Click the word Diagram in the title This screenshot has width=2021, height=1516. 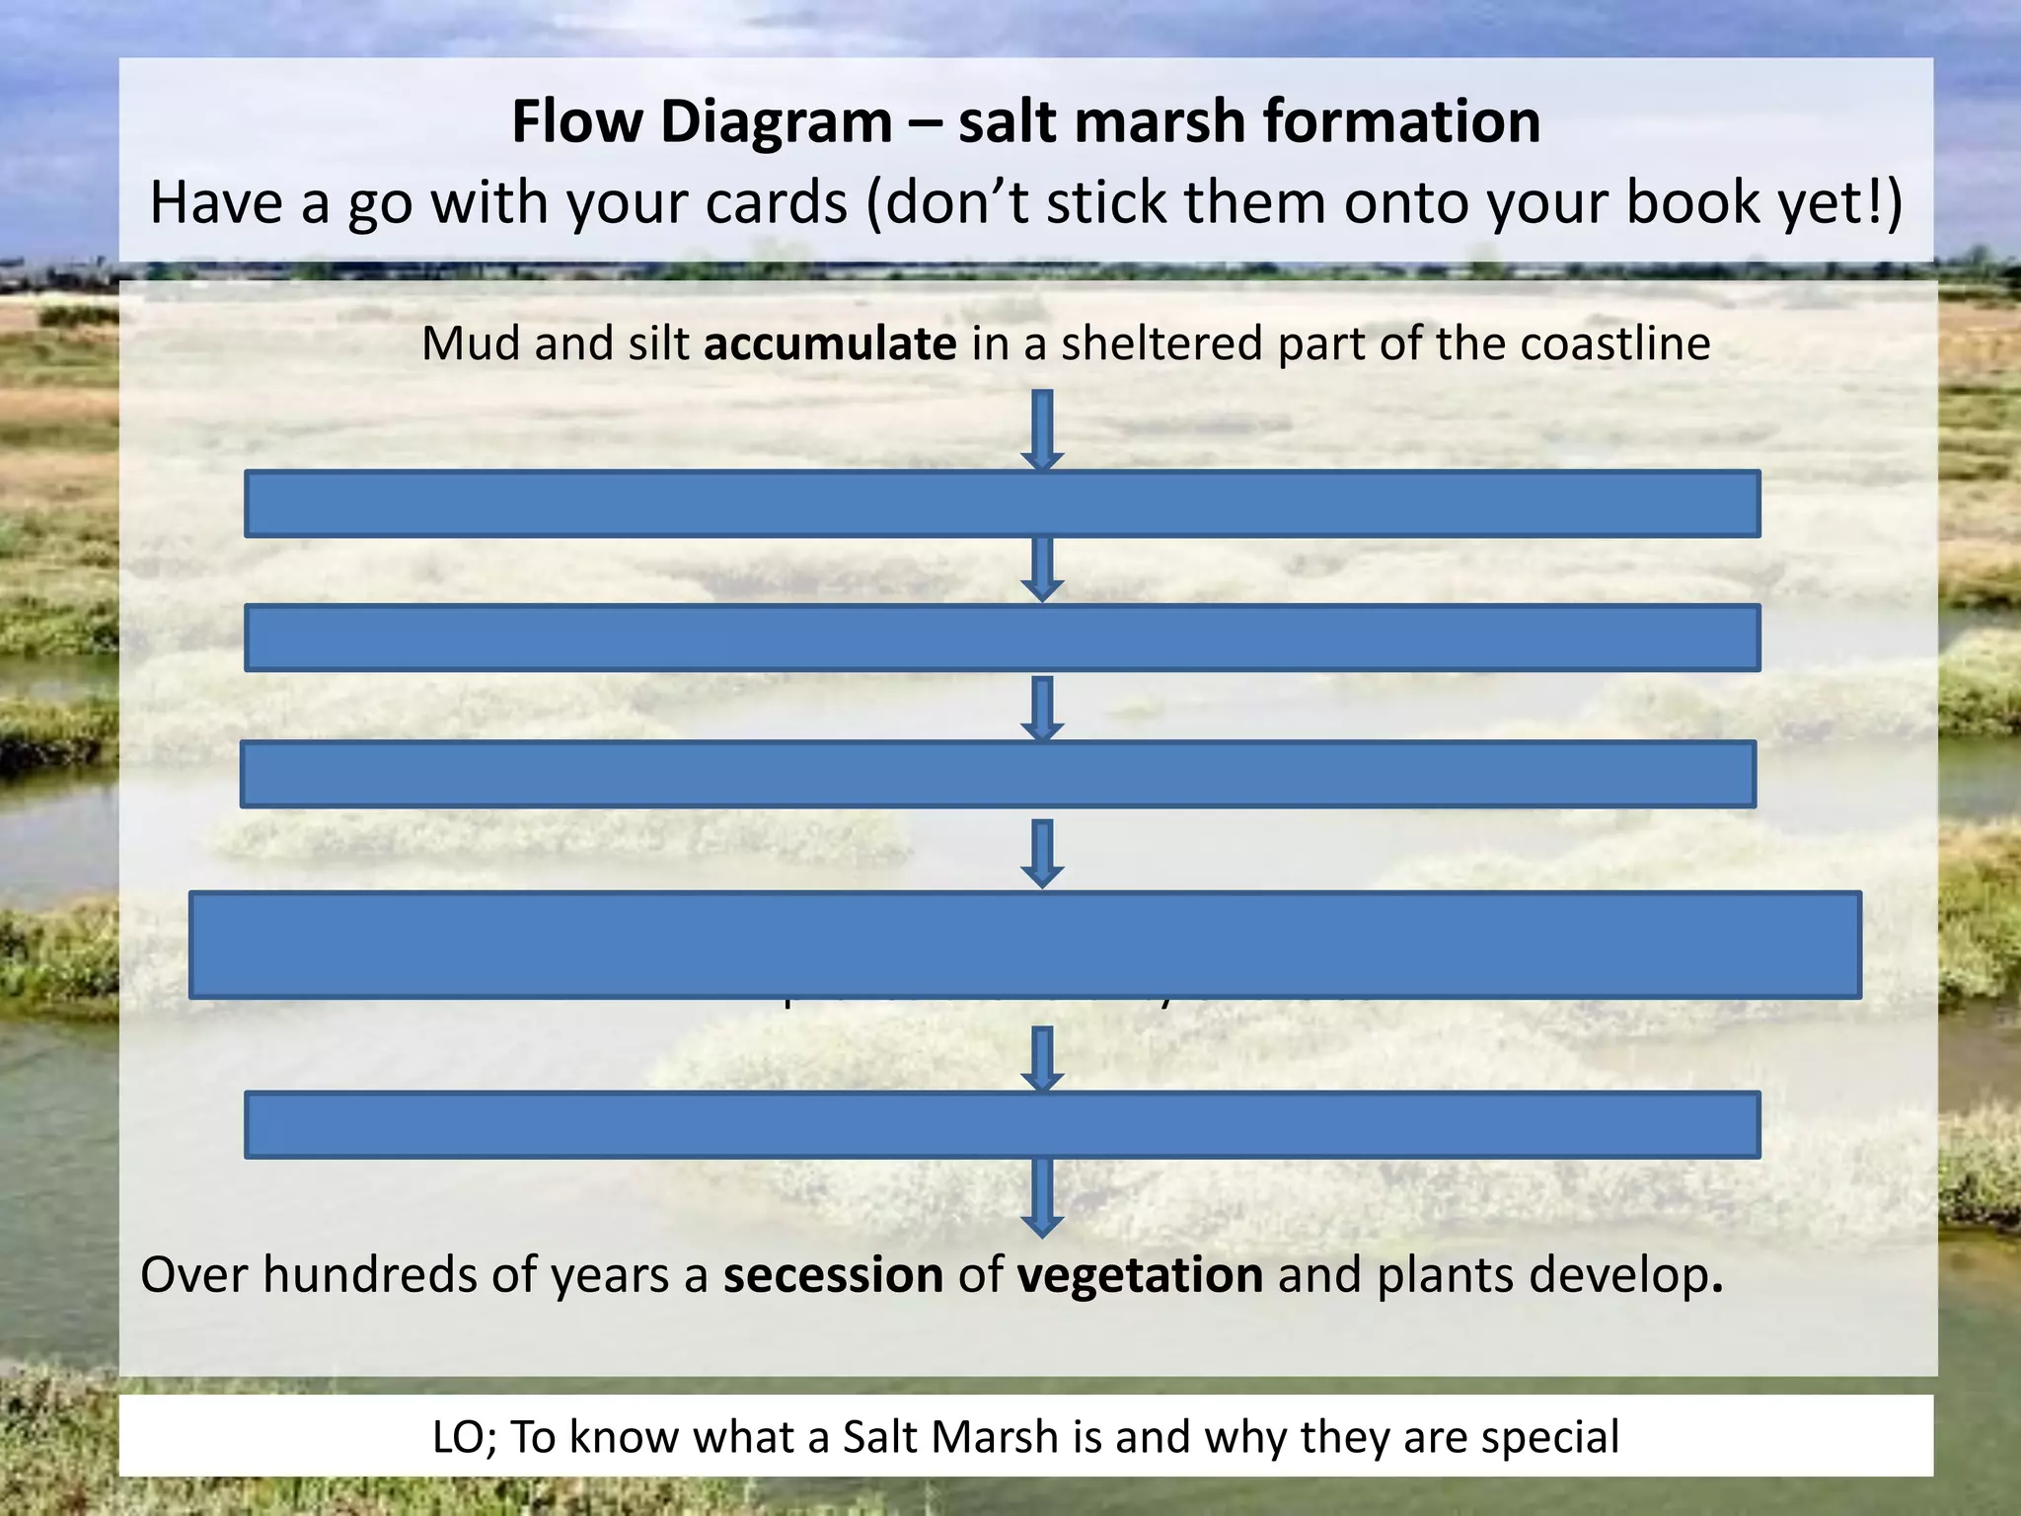tap(776, 122)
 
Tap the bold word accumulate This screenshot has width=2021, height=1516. tap(829, 344)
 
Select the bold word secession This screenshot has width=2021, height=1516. tap(833, 1274)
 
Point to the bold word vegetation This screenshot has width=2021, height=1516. tap(1140, 1274)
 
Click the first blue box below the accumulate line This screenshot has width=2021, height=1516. tap(1002, 504)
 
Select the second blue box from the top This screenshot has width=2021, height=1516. tap(1002, 639)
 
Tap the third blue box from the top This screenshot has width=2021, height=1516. tap(998, 775)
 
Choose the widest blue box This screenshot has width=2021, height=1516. tap(1024, 945)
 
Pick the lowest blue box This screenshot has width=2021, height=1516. tap(1002, 1124)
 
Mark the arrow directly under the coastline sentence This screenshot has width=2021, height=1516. tap(1042, 429)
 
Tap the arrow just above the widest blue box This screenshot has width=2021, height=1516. tap(1042, 854)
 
